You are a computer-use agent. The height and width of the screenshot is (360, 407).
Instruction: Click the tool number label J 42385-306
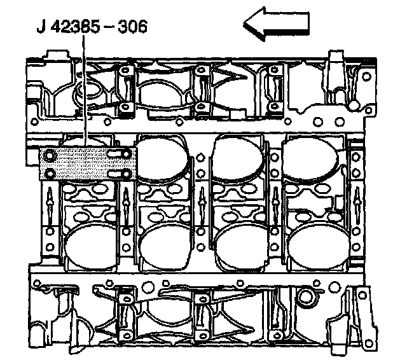click(92, 27)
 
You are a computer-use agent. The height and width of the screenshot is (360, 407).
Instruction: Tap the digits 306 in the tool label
click(133, 27)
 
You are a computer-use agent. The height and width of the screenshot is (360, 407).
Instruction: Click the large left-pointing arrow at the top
click(277, 24)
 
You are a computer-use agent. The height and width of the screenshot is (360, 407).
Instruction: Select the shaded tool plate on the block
click(88, 163)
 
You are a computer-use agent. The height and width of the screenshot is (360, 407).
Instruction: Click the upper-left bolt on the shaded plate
click(50, 156)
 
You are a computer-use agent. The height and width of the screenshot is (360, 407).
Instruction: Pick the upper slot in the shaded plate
click(119, 154)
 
